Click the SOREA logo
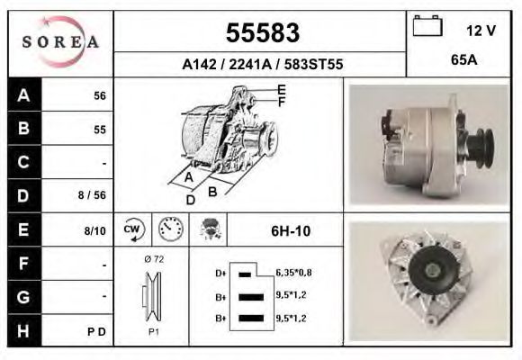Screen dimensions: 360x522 [x=60, y=43]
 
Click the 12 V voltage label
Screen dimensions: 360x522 [x=481, y=31]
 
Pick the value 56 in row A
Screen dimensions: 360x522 [x=100, y=96]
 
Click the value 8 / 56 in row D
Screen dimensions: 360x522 [x=94, y=195]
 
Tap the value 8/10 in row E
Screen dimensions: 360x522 [x=95, y=231]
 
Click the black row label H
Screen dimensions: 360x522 [x=23, y=330]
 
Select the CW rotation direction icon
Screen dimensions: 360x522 [x=132, y=229]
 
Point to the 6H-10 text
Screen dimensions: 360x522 [x=290, y=231]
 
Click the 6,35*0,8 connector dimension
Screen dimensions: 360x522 [x=293, y=272]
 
